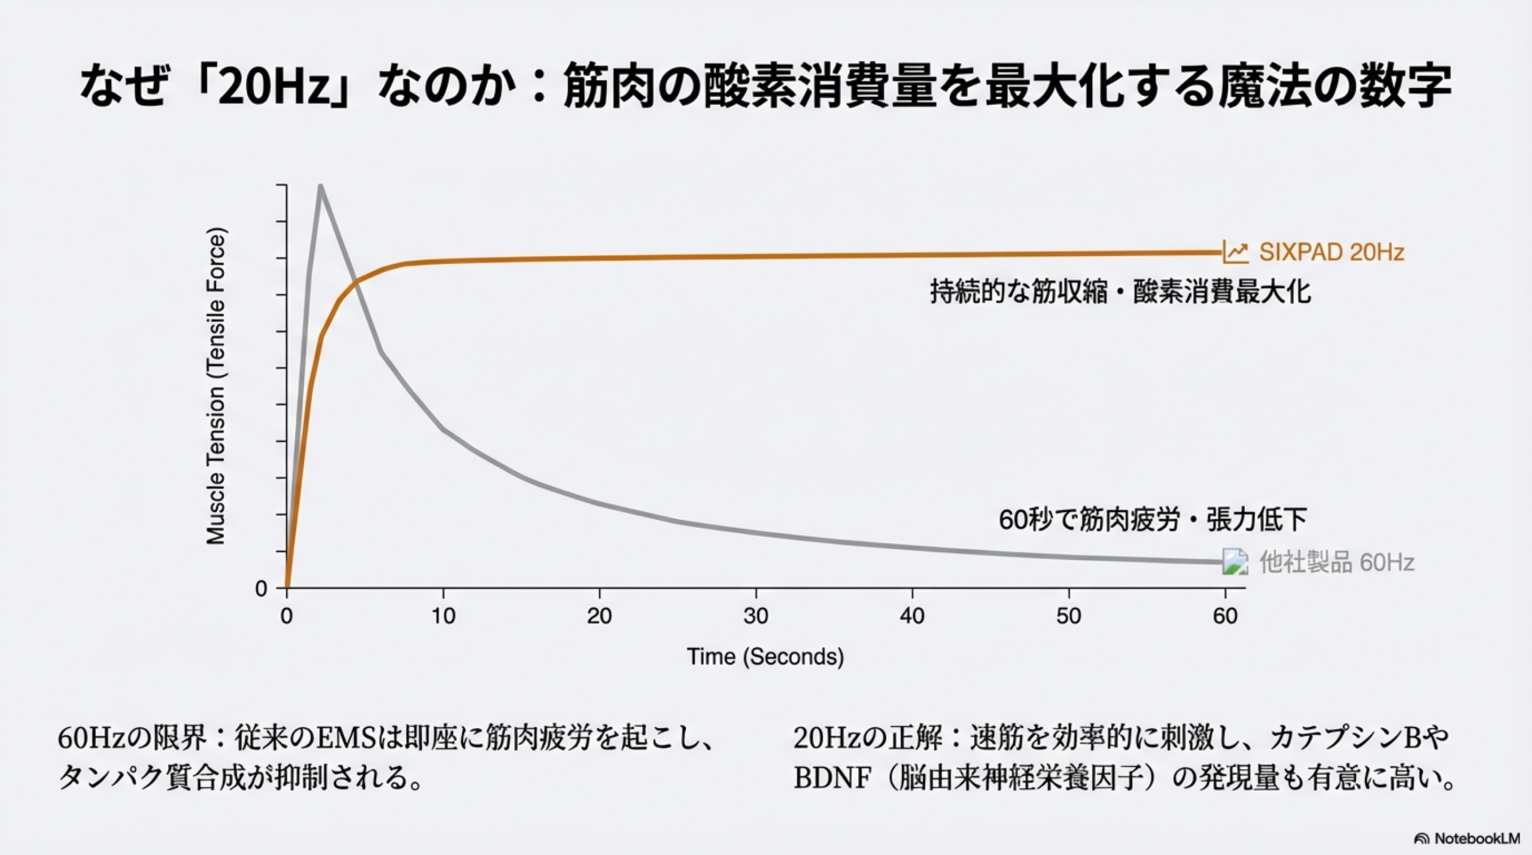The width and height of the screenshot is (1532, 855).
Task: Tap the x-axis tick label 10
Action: click(443, 616)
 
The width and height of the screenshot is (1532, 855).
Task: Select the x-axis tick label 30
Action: click(756, 616)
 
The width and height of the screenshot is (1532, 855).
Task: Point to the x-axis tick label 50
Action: click(1069, 616)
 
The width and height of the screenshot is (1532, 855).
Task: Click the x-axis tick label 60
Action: click(1225, 616)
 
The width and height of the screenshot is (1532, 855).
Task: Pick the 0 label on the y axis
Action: click(261, 589)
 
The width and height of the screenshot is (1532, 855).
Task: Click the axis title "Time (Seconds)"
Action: click(765, 656)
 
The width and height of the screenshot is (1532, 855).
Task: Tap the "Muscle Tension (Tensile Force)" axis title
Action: click(215, 387)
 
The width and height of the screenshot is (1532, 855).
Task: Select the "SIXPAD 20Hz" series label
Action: click(1332, 252)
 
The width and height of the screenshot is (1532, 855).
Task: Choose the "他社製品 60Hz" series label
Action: click(1337, 562)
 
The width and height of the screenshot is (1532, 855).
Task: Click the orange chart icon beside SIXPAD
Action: click(1235, 252)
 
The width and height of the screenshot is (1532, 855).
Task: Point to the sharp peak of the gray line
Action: click(321, 186)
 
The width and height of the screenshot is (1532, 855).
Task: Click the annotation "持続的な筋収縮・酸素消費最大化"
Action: click(1120, 292)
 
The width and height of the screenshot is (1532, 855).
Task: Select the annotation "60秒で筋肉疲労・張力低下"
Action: click(1153, 519)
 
